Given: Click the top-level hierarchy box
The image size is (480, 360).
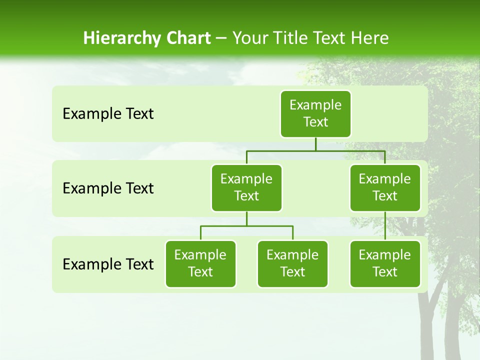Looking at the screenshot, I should pos(315,113).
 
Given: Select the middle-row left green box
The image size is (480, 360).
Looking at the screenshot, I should pos(246,187).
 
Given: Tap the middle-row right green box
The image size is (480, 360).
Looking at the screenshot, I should pos(385,187).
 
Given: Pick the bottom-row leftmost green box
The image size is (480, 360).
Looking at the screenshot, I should pos(200,263).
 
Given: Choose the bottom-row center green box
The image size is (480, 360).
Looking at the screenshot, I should pos(292,263).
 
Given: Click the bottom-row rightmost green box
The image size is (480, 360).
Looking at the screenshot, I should pos(385,263).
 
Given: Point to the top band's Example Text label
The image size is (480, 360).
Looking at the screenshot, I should pos(108,113).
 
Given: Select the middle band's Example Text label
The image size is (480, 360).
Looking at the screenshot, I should pos(108,188).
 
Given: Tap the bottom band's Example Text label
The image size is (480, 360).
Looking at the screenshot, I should pos(108,264).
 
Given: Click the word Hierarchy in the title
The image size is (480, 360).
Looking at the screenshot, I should pos(122,38).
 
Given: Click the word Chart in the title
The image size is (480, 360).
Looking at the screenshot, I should pos(188,38).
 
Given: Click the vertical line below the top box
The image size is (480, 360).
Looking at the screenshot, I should pos(315,144).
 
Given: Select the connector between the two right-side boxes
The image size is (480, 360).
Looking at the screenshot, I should pos(385,226).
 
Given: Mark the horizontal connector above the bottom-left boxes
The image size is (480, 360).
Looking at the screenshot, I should pos(246,226).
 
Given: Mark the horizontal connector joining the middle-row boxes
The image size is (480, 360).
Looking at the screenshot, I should pos(315,150).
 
